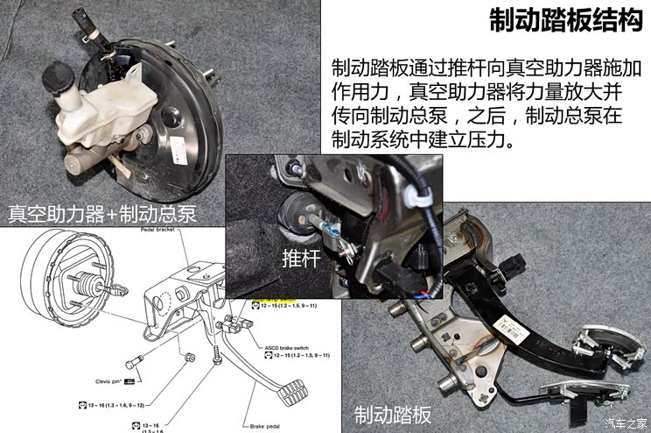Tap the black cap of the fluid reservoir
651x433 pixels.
pos(59,80)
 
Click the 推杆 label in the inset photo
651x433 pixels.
pos(302,259)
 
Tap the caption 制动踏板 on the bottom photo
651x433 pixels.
pos(393,413)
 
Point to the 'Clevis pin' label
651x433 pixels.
pos(115,381)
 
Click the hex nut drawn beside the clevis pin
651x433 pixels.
pos(189,358)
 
